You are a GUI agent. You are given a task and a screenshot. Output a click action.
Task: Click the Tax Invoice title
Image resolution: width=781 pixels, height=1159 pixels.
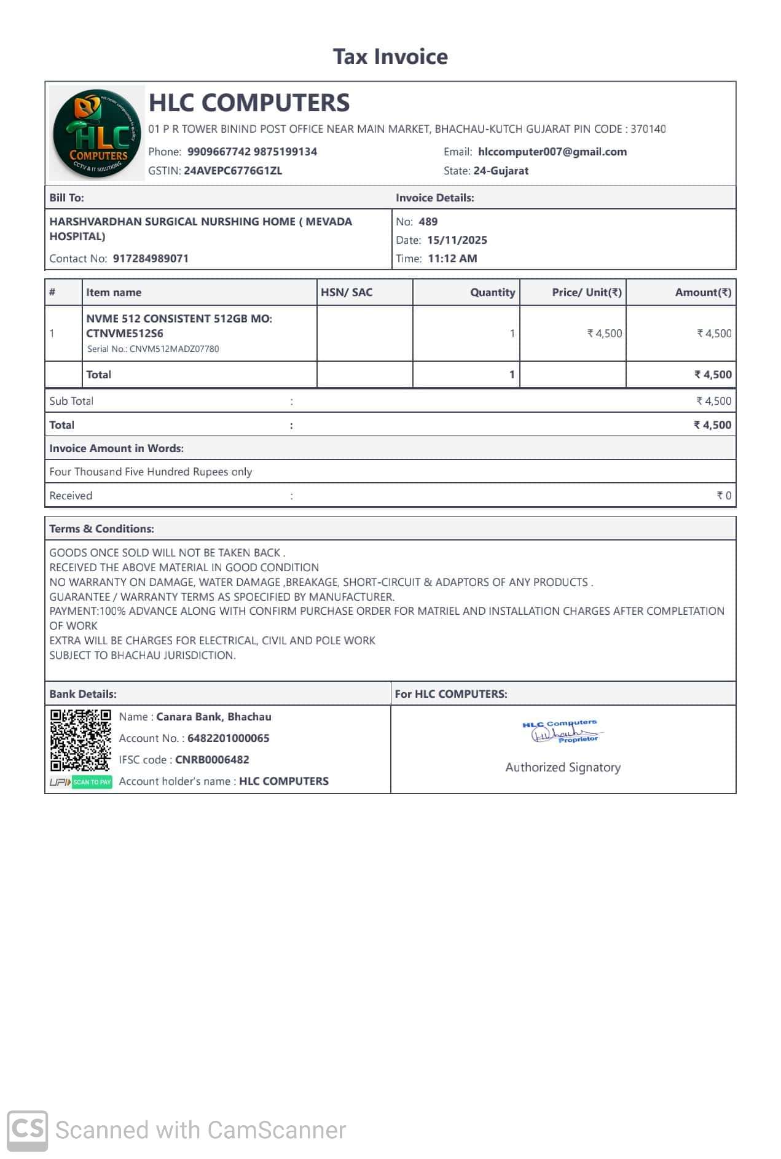tap(390, 57)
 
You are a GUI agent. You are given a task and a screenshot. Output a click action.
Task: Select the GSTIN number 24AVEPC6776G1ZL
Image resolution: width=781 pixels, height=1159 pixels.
tap(233, 171)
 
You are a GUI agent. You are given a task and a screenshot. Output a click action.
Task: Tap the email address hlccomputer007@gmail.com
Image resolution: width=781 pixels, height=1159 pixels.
tap(552, 152)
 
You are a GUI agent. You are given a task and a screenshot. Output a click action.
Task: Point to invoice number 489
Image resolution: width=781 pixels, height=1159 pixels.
tap(428, 222)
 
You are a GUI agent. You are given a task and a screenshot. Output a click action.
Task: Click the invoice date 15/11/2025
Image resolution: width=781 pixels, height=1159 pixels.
tap(457, 240)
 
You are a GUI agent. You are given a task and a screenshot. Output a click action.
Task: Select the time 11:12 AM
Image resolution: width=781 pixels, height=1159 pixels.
tap(452, 259)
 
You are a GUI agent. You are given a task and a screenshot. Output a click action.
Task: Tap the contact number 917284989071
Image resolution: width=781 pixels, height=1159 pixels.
tap(151, 259)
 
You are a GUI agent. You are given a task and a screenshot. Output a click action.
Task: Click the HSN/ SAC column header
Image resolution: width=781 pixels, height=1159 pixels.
tap(347, 292)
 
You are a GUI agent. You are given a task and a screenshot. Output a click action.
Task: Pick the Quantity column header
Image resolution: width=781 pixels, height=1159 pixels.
tap(492, 292)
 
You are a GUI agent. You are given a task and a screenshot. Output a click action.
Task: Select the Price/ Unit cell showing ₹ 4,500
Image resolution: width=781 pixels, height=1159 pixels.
tap(605, 334)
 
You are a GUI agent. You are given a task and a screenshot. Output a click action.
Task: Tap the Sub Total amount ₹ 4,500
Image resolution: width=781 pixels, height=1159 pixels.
tap(713, 401)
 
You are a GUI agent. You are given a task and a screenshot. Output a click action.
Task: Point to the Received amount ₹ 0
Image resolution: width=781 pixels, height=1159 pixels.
tap(724, 496)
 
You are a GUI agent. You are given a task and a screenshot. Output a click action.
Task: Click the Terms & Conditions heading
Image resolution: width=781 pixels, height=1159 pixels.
tap(102, 529)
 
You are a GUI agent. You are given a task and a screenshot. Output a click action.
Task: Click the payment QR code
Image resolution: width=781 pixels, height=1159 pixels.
tap(80, 740)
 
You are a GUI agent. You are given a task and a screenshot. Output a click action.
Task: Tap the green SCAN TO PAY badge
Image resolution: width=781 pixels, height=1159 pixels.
tap(92, 782)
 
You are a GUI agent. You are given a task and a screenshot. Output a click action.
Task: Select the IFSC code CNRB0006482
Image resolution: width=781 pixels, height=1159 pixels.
tap(212, 760)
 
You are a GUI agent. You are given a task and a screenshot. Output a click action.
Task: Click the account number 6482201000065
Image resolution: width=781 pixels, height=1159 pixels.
tap(228, 738)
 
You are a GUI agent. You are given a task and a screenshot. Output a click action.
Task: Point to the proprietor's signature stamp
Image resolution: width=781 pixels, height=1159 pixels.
tap(563, 732)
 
